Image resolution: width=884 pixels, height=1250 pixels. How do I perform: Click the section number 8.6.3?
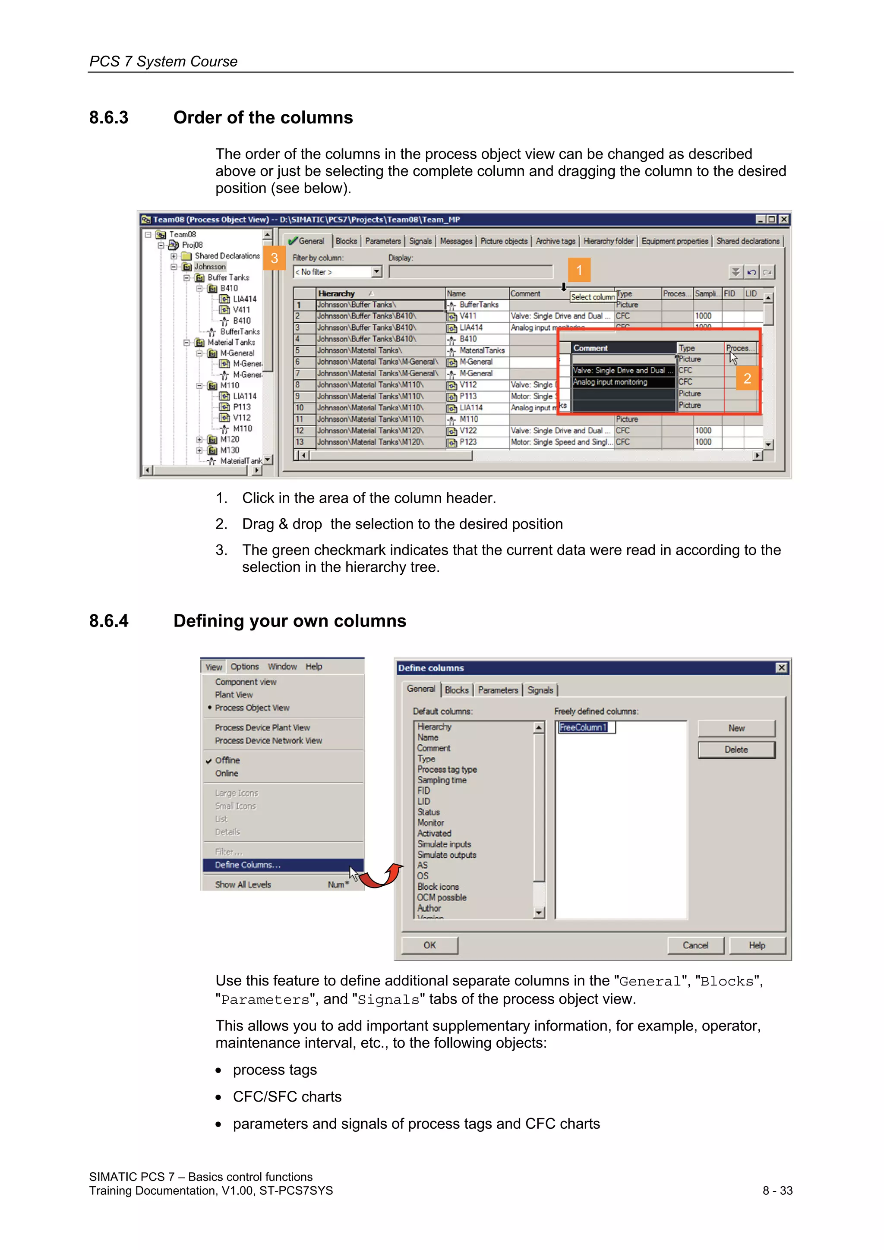[109, 118]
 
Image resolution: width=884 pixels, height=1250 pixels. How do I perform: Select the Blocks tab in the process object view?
[346, 241]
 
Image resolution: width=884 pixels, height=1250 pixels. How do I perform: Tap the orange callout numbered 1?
[579, 270]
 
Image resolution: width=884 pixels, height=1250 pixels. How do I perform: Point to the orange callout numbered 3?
[275, 258]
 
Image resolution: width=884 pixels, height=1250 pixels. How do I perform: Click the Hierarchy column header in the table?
[337, 293]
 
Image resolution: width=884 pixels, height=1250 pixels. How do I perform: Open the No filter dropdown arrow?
[376, 272]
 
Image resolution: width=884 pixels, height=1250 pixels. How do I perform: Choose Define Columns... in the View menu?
[248, 865]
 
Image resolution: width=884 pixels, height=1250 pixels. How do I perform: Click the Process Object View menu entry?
[252, 708]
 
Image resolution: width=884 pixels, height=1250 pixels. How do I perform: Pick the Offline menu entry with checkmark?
[227, 760]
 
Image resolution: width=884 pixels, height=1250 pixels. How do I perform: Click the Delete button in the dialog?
[736, 749]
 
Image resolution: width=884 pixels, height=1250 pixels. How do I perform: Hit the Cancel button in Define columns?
[695, 945]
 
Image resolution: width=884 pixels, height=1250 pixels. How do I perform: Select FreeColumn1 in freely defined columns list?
[583, 727]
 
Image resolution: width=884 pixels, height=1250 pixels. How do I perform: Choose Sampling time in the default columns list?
[442, 780]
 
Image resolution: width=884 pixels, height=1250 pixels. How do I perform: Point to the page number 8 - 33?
[777, 1190]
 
